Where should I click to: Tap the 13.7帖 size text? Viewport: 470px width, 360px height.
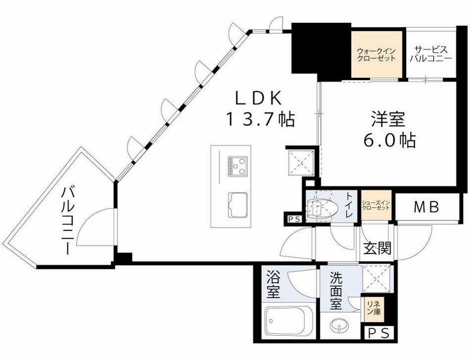tap(260, 119)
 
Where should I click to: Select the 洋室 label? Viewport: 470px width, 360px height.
tap(388, 120)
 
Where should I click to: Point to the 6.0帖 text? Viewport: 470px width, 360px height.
tap(388, 141)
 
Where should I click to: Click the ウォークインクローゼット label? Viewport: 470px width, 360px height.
tap(376, 54)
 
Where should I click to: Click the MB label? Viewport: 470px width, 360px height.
tap(426, 208)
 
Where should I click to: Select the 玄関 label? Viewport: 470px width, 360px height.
tap(377, 248)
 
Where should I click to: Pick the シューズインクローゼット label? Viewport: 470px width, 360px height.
tap(376, 205)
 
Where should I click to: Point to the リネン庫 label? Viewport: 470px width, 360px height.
tap(373, 309)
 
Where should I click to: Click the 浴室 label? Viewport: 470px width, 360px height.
tap(273, 284)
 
